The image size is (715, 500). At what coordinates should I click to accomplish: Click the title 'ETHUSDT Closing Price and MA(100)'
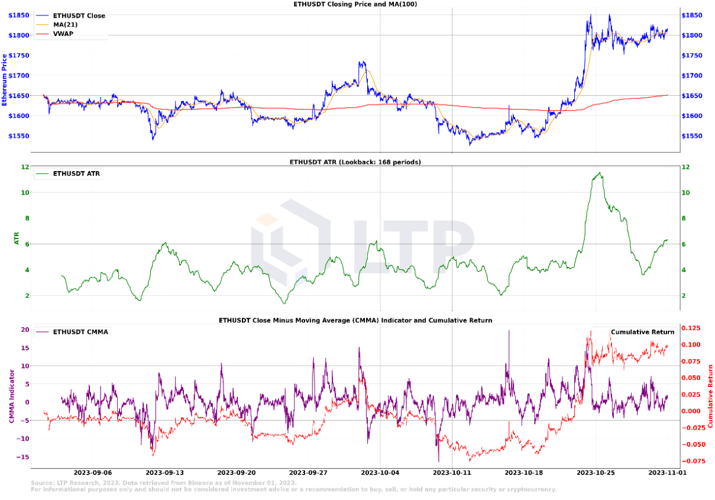point(356,4)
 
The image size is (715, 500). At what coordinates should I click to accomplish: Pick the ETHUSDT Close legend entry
point(79,16)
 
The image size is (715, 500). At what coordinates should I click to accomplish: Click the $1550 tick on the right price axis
point(693,136)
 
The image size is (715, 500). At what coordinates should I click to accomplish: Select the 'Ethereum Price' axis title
point(5,80)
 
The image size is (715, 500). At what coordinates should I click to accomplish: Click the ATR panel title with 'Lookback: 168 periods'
point(355,162)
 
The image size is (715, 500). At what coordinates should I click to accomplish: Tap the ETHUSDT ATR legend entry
point(76,174)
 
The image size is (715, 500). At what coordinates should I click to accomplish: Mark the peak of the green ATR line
point(600,173)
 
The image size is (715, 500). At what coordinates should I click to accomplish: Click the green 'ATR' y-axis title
point(17,238)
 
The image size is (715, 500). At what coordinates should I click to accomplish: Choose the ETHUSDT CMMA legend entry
point(80,332)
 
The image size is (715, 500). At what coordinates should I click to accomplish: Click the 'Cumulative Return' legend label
point(642,332)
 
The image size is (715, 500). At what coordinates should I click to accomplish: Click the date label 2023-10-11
point(452,473)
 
